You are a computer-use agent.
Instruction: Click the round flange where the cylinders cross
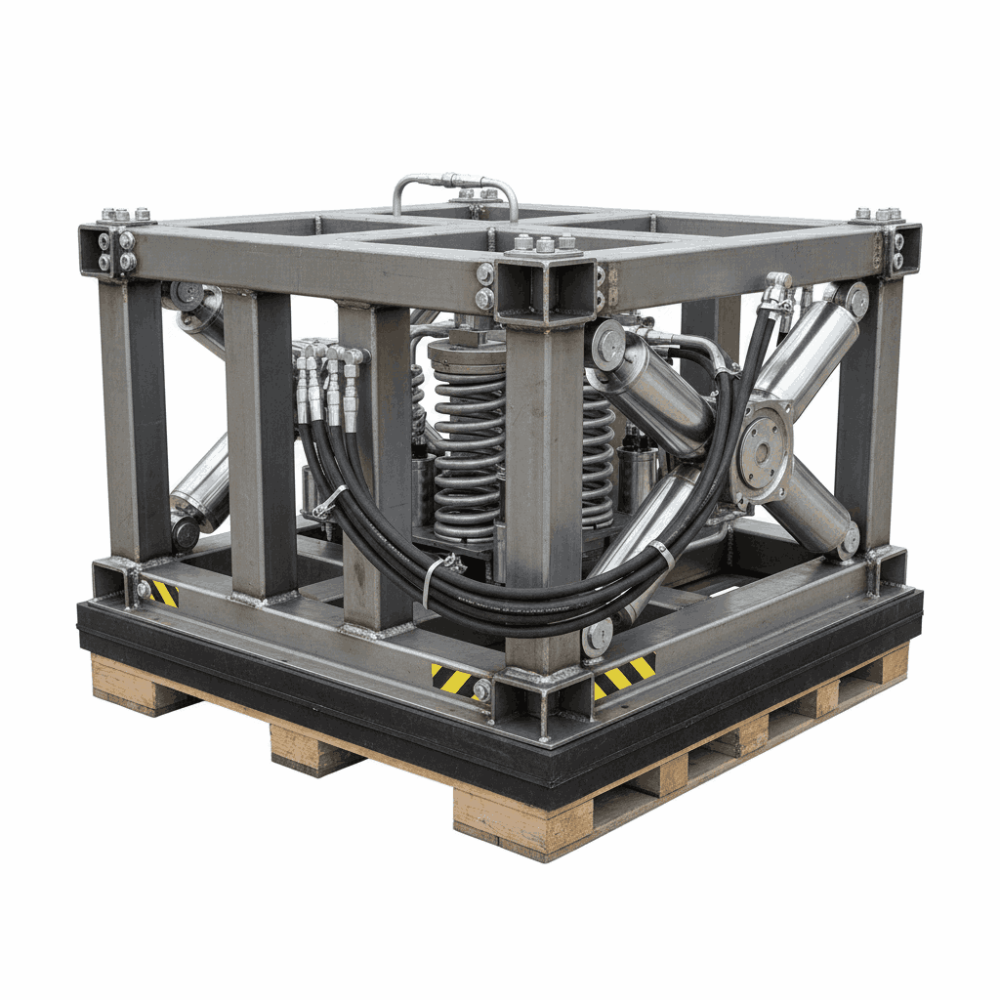pyautogui.click(x=765, y=452)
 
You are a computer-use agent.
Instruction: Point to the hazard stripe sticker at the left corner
pyautogui.click(x=162, y=593)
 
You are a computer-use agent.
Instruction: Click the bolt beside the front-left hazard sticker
pyautogui.click(x=481, y=689)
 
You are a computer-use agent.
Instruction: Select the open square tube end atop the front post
pyautogui.click(x=545, y=287)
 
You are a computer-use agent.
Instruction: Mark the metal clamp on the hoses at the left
pyautogui.click(x=330, y=502)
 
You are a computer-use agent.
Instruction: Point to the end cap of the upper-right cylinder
pyautogui.click(x=857, y=299)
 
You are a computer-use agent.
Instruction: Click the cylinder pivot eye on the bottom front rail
pyautogui.click(x=597, y=637)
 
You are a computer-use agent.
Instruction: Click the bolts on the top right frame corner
pyautogui.click(x=887, y=234)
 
